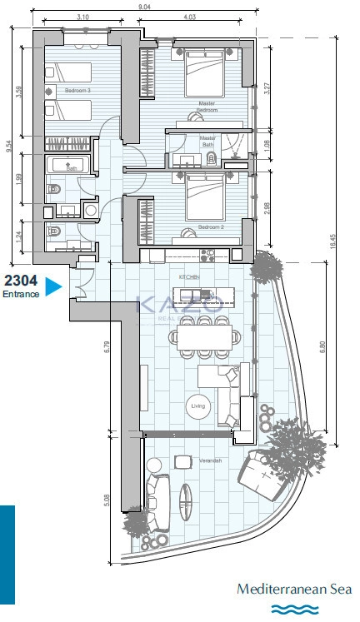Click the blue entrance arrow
click(x=52, y=287)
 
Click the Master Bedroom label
click(x=207, y=107)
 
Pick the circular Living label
click(x=198, y=406)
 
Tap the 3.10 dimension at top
click(x=82, y=17)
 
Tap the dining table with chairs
click(x=204, y=336)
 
